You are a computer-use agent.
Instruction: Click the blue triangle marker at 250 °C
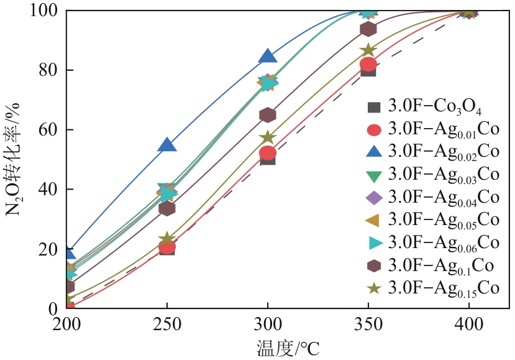coord(167,145)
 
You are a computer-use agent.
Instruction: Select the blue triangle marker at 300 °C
coord(268,55)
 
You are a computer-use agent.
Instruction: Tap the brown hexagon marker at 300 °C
coord(268,115)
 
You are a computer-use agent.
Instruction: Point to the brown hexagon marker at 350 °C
coord(368,29)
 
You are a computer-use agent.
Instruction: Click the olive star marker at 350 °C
coord(368,50)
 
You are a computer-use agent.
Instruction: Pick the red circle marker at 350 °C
coord(368,64)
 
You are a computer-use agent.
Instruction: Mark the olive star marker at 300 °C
coord(268,137)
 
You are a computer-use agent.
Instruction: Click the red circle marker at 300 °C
coord(268,153)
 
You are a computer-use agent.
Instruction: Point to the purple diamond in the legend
coord(374,198)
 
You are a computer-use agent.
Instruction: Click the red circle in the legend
coord(374,130)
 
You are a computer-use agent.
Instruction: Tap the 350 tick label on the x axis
coord(368,324)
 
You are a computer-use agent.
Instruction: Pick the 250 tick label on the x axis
coord(167,324)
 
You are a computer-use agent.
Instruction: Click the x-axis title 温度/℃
coord(287,347)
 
